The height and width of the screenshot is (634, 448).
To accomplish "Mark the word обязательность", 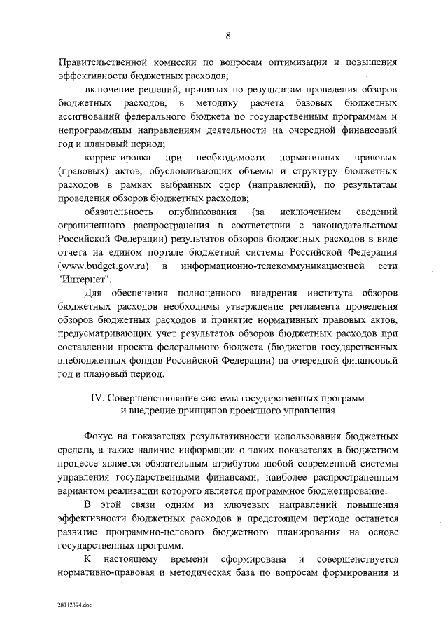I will tap(118, 212).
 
